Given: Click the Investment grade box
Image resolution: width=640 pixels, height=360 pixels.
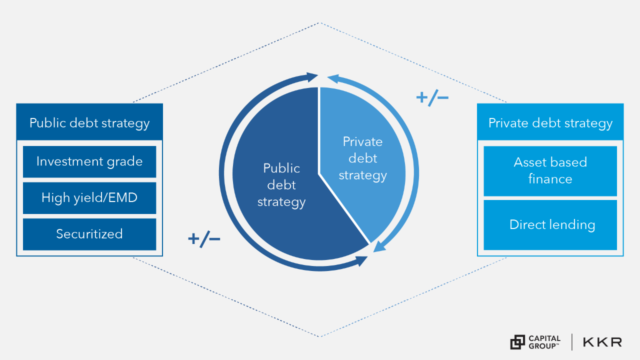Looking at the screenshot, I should tap(89, 161).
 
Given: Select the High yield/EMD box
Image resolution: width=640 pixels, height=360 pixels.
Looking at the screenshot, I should tap(89, 197).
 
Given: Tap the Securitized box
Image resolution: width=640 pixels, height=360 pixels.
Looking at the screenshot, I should tap(89, 234).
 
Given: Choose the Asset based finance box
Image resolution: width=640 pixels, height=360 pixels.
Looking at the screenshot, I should tap(550, 170).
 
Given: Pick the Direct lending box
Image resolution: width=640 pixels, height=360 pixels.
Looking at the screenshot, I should tap(550, 225).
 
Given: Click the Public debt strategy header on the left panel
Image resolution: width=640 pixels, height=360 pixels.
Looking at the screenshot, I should tap(89, 122).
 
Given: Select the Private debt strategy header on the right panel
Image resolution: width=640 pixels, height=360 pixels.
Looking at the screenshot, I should tap(550, 122).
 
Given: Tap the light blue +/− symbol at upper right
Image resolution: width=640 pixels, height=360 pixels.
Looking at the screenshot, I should tap(432, 97).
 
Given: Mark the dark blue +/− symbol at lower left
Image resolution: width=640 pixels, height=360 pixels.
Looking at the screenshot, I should tap(204, 239).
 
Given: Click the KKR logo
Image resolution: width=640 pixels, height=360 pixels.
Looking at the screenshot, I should tap(602, 342).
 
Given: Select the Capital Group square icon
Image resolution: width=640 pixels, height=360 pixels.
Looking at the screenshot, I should tap(517, 342).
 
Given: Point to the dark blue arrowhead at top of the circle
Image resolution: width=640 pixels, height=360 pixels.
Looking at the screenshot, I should tap(313, 77).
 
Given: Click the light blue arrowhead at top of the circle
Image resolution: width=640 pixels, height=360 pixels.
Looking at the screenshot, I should tap(333, 78).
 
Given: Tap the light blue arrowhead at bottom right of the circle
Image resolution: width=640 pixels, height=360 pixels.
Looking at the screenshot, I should tap(379, 246).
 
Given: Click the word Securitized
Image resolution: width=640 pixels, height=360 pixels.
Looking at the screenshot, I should tap(89, 234).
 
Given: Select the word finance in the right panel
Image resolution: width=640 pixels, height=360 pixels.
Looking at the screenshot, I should tap(550, 179).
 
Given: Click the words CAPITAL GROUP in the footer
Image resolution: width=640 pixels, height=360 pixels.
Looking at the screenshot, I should tap(544, 342).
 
